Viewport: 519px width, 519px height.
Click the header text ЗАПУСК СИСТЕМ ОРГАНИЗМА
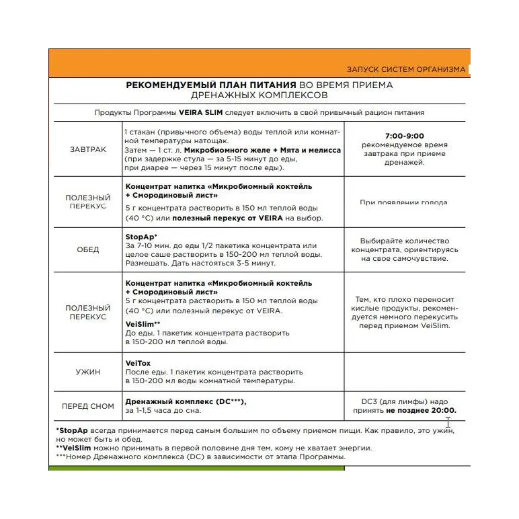[405, 69]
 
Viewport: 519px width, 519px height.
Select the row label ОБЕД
[88, 249]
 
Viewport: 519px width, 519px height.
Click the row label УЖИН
[88, 371]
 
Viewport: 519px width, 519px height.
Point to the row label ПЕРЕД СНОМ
[88, 406]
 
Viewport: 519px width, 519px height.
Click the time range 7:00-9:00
[405, 136]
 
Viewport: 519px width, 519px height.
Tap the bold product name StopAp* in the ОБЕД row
[141, 237]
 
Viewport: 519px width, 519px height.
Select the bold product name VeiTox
[138, 363]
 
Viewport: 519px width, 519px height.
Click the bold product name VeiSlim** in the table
[143, 323]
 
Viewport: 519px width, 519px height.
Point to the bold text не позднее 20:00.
[421, 410]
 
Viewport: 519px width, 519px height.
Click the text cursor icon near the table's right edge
[448, 423]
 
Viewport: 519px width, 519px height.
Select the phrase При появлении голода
[403, 202]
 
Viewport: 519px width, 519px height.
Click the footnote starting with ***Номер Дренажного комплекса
[201, 457]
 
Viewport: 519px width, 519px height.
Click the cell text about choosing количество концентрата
[404, 249]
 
